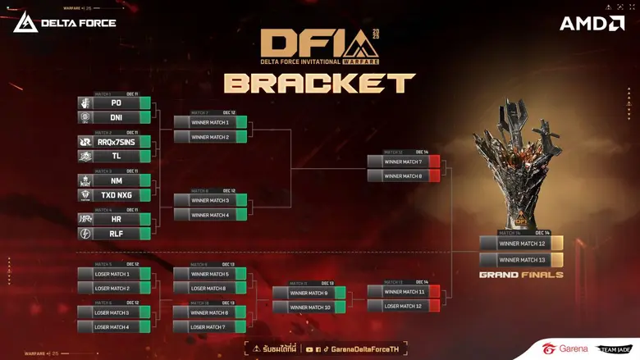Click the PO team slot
(x=115, y=103)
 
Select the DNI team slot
(x=115, y=117)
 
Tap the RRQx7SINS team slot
(x=115, y=142)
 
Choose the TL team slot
(x=115, y=156)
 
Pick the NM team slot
(x=115, y=180)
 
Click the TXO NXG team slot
(x=115, y=194)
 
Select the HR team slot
(x=115, y=219)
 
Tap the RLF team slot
(x=115, y=233)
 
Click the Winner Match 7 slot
(x=404, y=162)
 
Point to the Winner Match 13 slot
(x=521, y=259)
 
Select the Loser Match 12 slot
(x=404, y=306)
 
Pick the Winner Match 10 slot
(x=309, y=307)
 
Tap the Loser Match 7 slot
(x=210, y=327)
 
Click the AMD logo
(x=592, y=23)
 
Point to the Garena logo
(x=565, y=349)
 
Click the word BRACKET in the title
(x=319, y=83)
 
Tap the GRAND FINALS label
(x=521, y=275)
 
